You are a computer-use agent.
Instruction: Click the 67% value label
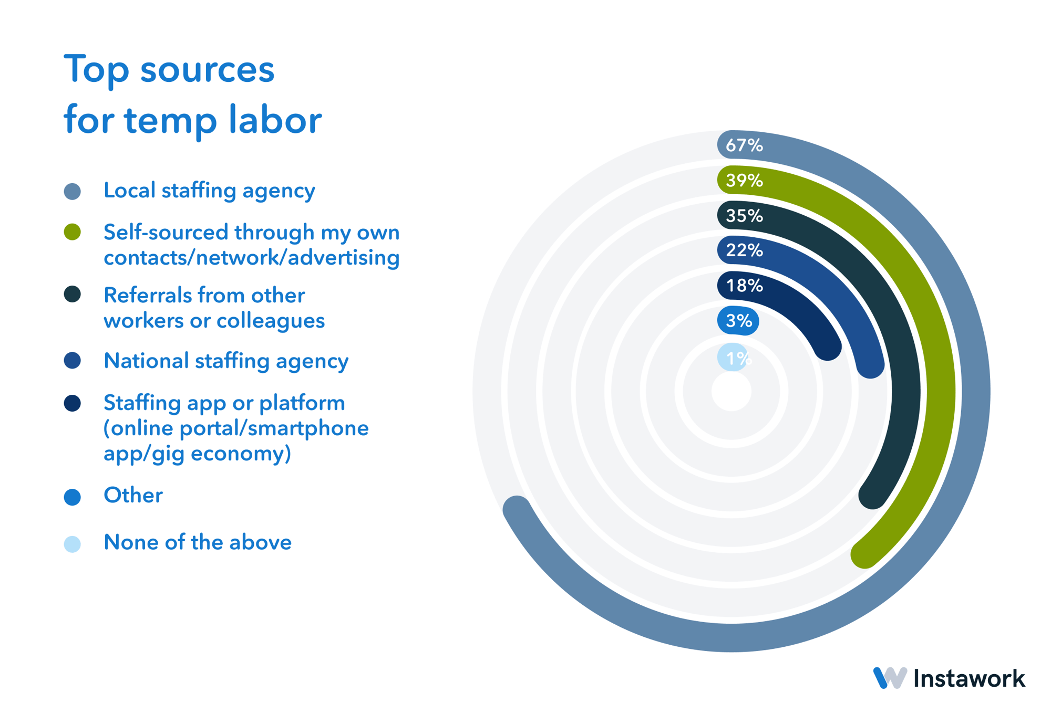[744, 145]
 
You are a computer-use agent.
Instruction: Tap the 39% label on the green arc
[744, 181]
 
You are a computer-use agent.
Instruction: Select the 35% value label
[744, 216]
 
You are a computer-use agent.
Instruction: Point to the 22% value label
[744, 250]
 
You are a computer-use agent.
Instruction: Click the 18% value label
[744, 286]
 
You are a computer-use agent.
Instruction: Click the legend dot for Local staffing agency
[72, 191]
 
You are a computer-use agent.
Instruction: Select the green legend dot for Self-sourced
[72, 232]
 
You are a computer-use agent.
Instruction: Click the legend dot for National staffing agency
[72, 361]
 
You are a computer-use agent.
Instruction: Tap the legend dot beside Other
[72, 497]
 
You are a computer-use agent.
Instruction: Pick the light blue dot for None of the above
[72, 544]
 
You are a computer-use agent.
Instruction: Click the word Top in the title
[96, 70]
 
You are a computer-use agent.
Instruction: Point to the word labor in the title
[275, 120]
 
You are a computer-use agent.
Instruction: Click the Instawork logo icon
[889, 678]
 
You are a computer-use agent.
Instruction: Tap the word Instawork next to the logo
[969, 678]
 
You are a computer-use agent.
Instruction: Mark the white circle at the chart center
[731, 391]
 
